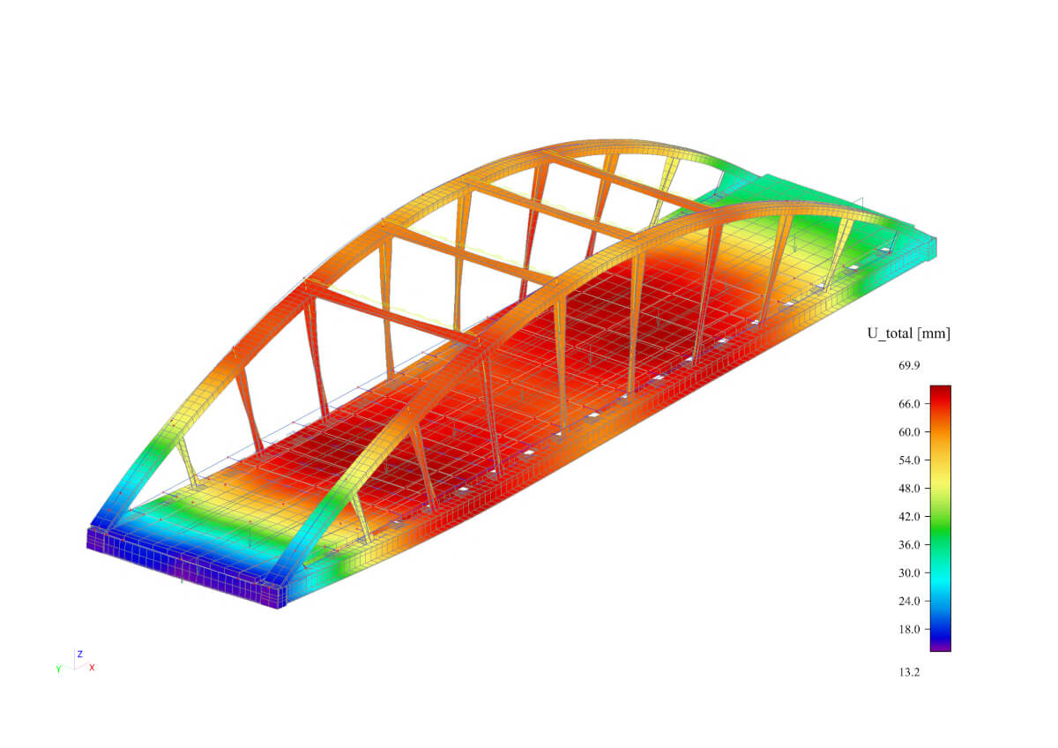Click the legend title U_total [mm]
point(909,334)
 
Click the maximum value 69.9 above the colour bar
point(909,365)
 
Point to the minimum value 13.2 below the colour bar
point(909,672)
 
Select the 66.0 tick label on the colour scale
point(909,404)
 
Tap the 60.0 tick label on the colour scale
point(909,432)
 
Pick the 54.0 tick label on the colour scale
point(909,460)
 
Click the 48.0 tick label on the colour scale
point(909,489)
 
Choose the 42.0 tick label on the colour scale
point(909,517)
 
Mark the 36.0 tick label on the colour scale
point(909,545)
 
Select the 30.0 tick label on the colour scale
point(909,573)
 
